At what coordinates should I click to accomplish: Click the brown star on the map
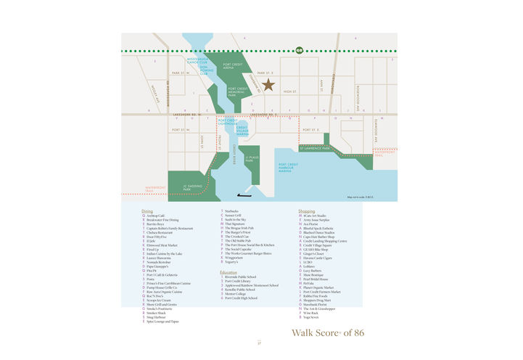click(268, 86)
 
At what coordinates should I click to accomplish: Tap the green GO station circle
click(300, 50)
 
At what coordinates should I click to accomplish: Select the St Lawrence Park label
click(315, 149)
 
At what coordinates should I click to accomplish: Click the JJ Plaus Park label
click(252, 160)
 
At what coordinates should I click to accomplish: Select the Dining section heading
click(147, 211)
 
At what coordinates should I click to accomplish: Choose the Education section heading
click(228, 272)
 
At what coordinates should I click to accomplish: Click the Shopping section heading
click(307, 211)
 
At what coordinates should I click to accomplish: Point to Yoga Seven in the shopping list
click(310, 317)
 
